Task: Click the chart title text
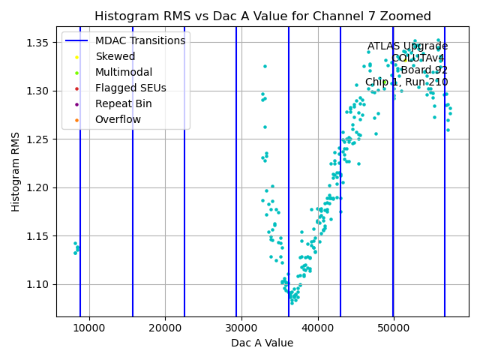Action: coord(262,16)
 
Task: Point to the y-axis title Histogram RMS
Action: coord(16,172)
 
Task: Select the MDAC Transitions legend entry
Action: coord(139,40)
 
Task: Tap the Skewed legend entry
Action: coord(115,56)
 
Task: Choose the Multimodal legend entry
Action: coord(123,72)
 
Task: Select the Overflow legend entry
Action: coord(118,119)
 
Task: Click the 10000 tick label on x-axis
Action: coord(89,328)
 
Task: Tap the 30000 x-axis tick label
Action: coord(241,328)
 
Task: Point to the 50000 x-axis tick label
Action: coord(394,328)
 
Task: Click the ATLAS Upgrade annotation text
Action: coord(407,46)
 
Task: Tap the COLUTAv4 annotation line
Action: coord(419,58)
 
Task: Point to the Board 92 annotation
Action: coord(424,70)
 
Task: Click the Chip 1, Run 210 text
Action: coord(406,82)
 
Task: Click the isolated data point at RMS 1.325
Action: coord(265,66)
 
